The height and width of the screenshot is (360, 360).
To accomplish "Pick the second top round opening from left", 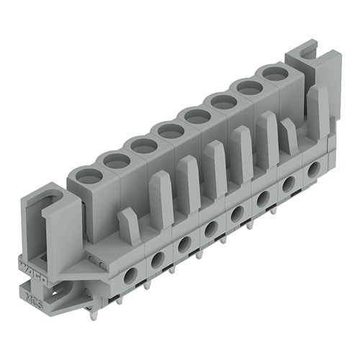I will click(x=115, y=159).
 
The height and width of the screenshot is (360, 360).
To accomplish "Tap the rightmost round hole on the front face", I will click(x=313, y=170).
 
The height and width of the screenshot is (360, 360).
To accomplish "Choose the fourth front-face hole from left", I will click(x=210, y=228).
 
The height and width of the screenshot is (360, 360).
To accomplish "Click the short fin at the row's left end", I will click(x=129, y=225).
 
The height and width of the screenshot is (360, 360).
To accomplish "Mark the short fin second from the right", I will click(x=289, y=135).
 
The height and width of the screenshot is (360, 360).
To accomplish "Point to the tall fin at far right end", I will click(x=316, y=108).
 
